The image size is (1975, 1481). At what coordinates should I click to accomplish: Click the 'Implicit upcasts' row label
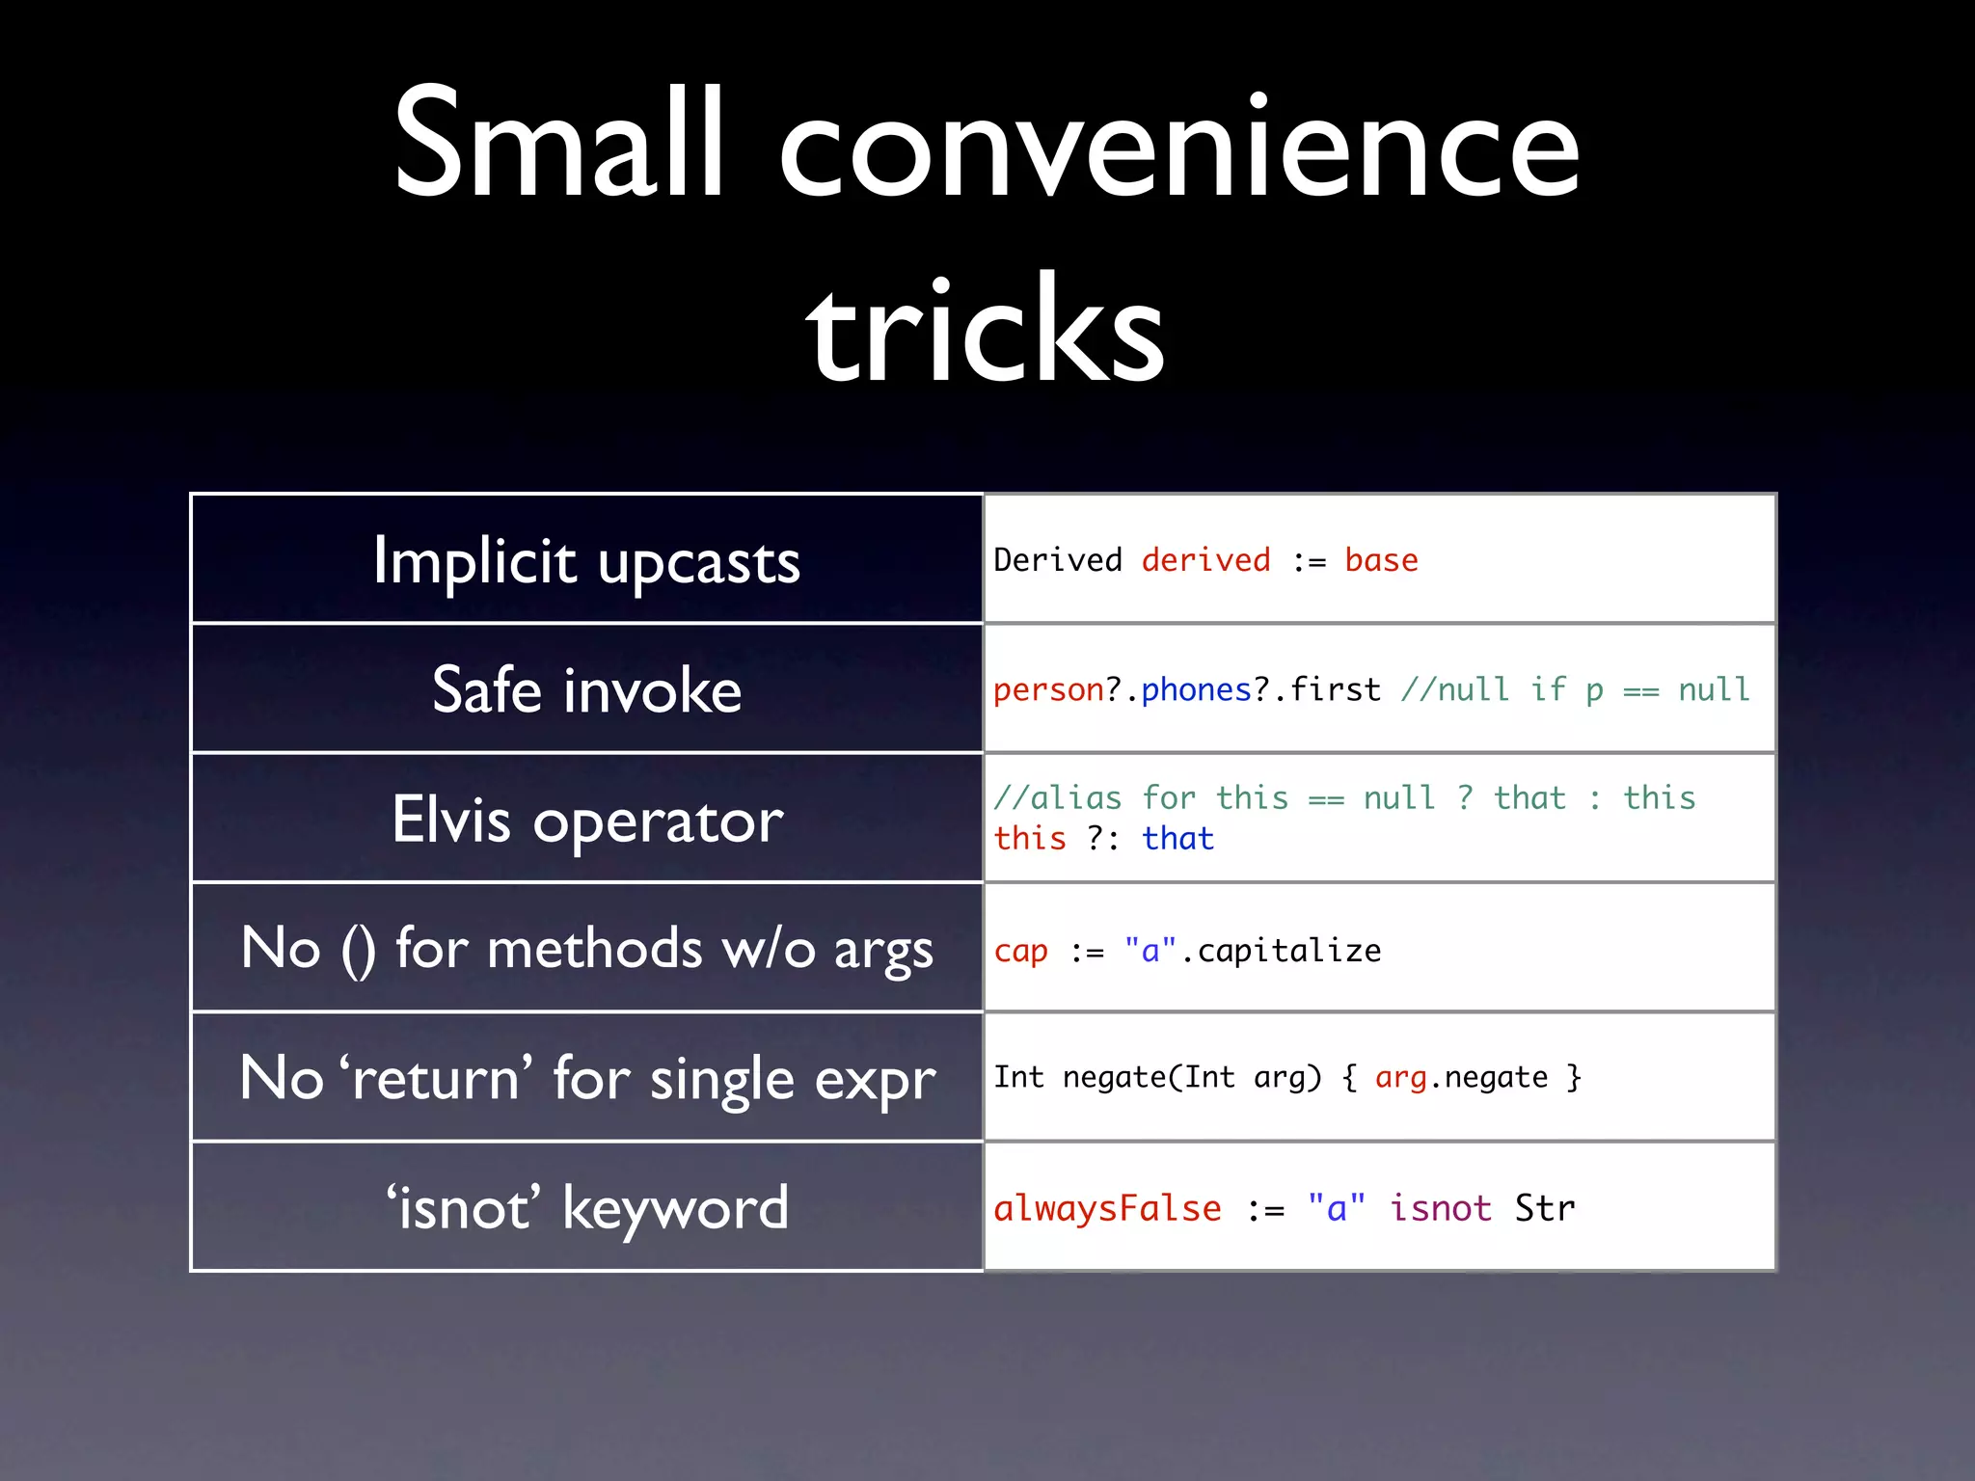586,561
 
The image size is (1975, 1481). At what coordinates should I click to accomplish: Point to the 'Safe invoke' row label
586,690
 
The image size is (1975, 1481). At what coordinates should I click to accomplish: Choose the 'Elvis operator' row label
586,820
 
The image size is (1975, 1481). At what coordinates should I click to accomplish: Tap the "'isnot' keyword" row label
586,1207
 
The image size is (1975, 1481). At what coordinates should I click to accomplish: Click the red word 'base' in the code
1381,560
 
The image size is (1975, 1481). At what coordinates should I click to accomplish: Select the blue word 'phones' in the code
1196,689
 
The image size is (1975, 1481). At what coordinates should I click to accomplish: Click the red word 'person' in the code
1048,689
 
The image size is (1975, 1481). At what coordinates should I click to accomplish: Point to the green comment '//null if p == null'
1575,689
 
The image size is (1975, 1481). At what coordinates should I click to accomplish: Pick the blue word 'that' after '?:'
1177,838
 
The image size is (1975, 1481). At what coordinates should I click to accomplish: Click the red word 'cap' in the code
1020,952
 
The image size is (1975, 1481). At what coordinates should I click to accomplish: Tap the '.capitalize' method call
1281,951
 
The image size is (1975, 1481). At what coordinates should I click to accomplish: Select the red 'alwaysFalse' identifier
1107,1208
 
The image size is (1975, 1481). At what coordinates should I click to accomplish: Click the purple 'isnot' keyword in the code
1440,1208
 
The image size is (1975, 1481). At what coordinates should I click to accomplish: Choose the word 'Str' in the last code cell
1544,1208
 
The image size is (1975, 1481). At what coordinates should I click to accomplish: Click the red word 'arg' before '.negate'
1400,1077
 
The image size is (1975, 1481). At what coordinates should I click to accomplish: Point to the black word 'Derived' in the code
1058,560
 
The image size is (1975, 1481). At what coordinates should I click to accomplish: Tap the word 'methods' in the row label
594,949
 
